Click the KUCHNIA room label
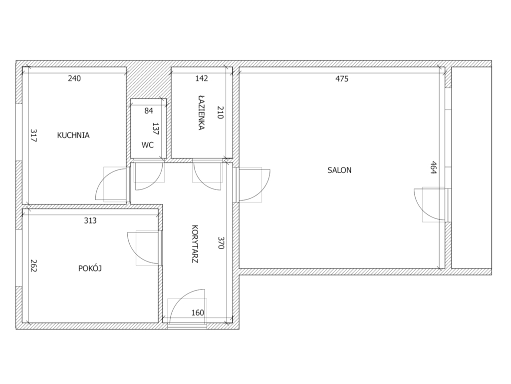tap(73, 135)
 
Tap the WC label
tap(148, 145)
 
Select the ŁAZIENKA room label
tap(202, 112)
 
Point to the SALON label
tap(339, 170)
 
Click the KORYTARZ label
tap(195, 244)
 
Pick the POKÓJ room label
tap(90, 268)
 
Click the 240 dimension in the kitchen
tap(74, 78)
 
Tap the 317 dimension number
tap(33, 135)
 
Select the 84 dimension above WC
tap(149, 110)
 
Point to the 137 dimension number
tap(156, 128)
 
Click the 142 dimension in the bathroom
tap(202, 78)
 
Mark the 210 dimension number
tap(220, 112)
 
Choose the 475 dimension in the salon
tap(342, 78)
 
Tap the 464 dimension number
tap(433, 167)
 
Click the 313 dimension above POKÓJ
tap(90, 220)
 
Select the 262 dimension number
tap(33, 265)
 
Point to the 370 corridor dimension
tap(221, 242)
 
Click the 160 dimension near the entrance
tap(198, 313)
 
